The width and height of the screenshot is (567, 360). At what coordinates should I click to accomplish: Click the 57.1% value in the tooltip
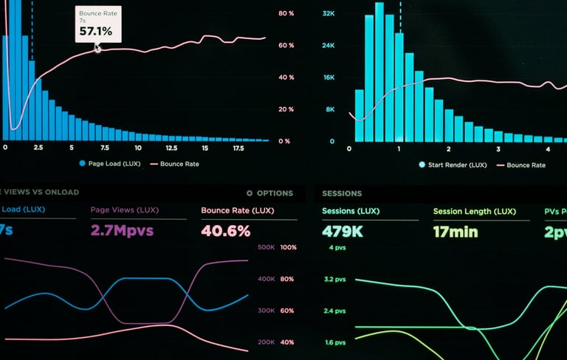point(96,31)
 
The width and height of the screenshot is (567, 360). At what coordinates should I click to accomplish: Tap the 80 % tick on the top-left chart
point(286,14)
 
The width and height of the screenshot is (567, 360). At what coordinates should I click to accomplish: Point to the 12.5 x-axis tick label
point(171,148)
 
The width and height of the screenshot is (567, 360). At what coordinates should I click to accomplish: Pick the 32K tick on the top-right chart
point(329,14)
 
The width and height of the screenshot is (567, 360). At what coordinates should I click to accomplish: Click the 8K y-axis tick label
point(331,109)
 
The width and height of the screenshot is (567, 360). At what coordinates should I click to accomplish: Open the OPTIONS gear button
point(269,193)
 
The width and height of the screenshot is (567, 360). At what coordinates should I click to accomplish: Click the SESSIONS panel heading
point(342,193)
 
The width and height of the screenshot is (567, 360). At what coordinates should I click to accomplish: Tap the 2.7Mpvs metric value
point(122,231)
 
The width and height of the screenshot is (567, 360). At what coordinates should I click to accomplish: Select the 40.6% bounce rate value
point(225,231)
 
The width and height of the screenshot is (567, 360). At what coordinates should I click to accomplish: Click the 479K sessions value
point(342,232)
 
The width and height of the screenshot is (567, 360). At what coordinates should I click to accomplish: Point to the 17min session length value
point(456,232)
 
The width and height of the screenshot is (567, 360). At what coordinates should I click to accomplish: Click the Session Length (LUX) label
point(475,212)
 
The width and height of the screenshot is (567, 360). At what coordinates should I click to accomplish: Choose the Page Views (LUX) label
point(125,210)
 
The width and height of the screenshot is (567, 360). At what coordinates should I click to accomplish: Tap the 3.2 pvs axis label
point(334,280)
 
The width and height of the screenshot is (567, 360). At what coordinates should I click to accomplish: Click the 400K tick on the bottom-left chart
point(266,279)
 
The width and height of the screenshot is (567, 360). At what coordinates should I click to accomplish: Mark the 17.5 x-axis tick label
point(238,148)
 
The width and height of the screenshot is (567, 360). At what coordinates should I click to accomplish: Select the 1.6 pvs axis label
point(334,342)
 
